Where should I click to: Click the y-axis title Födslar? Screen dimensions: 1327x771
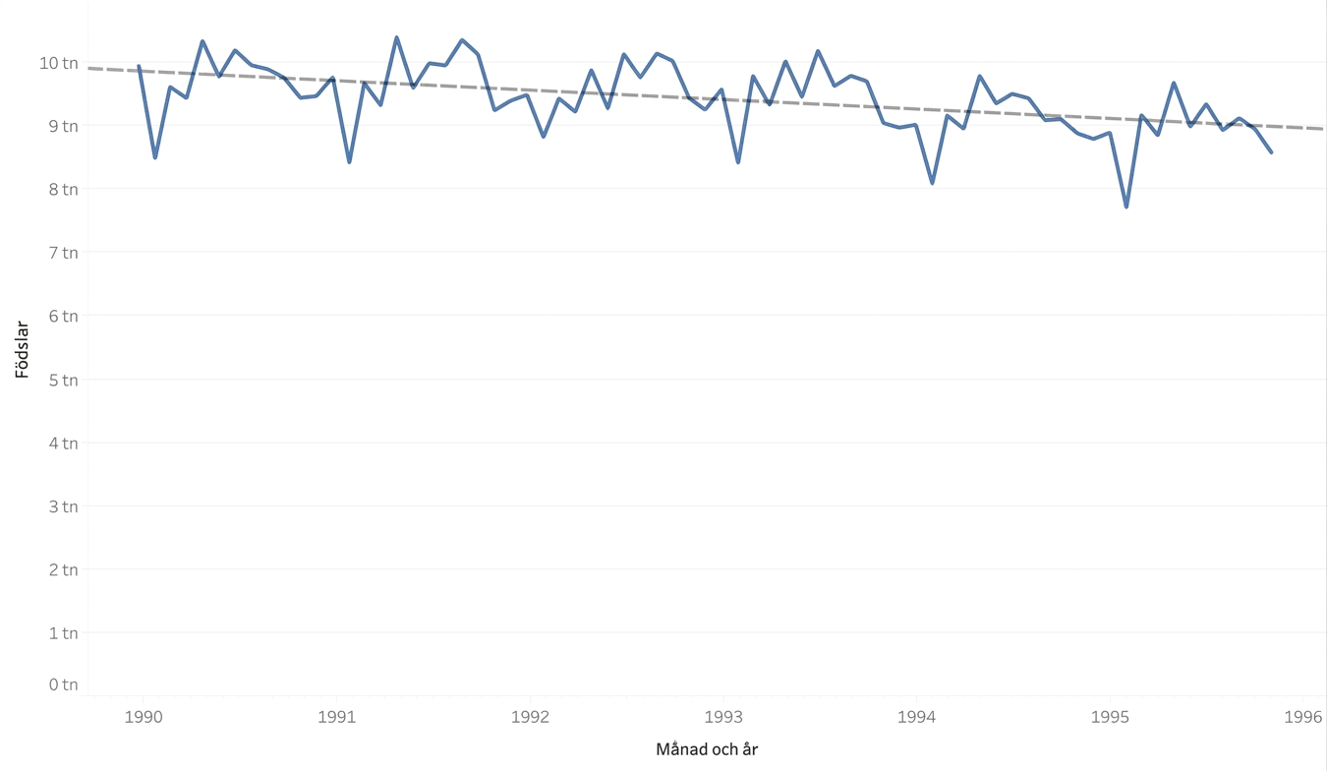(22, 350)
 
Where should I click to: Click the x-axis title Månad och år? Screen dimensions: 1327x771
(707, 749)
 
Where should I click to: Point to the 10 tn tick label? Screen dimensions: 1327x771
(59, 63)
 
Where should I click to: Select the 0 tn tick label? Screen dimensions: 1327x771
(63, 684)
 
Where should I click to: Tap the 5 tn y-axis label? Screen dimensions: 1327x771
(63, 380)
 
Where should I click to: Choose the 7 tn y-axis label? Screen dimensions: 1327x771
(63, 253)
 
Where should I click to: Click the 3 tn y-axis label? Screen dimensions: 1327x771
(63, 506)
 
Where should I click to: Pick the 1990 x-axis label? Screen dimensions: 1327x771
(144, 717)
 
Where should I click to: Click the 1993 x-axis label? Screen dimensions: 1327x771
(723, 717)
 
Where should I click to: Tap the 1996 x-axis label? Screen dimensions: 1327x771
(1303, 717)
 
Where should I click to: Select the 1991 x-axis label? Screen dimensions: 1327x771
(336, 717)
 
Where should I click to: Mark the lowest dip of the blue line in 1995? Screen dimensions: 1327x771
(1126, 207)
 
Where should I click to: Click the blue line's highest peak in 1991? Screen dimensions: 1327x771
(396, 37)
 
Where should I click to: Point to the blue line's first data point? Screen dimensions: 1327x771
(139, 66)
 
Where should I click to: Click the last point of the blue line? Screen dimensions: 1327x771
(1271, 152)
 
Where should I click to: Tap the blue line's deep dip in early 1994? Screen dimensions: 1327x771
(933, 183)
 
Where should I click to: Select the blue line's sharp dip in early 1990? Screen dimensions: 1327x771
(155, 157)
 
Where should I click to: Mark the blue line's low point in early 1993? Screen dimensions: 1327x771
(738, 162)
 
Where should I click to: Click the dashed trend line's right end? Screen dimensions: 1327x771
(1322, 129)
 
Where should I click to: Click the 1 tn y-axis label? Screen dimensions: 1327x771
(63, 633)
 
